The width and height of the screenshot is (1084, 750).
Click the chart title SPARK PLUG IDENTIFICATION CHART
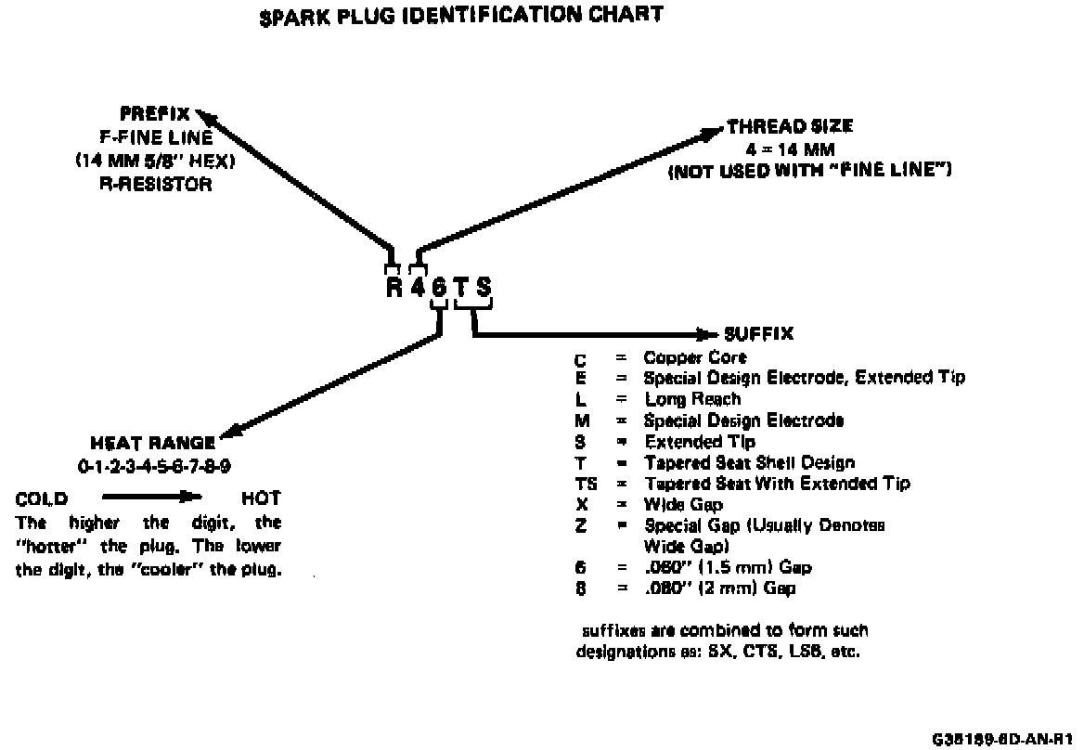click(x=461, y=15)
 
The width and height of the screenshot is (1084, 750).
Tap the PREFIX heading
click(x=155, y=115)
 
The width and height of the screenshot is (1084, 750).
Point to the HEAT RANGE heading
click(x=153, y=443)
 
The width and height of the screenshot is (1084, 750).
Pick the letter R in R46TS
click(x=395, y=287)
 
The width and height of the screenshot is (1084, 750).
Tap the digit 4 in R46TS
click(x=418, y=287)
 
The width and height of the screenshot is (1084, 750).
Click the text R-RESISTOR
click(x=155, y=184)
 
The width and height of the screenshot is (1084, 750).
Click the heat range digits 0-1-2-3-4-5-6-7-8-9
click(x=153, y=465)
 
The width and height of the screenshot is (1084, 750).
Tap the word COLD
click(x=42, y=498)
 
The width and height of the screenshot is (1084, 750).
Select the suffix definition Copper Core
click(x=695, y=356)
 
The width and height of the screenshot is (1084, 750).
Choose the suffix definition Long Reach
click(x=692, y=399)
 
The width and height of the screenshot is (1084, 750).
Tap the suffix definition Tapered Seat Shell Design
click(x=749, y=462)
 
